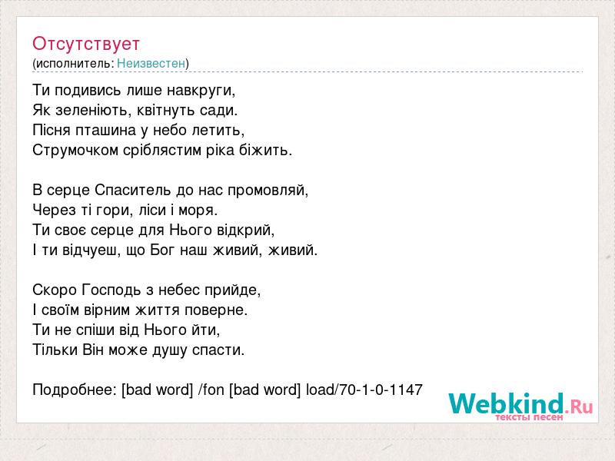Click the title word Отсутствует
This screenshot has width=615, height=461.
coord(86,44)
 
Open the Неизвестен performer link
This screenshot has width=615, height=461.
coord(151,63)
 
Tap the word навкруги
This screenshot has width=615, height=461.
coord(201,91)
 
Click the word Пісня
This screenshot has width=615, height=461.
coord(51,130)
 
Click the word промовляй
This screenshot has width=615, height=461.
coord(268,191)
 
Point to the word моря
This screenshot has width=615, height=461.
coord(198,211)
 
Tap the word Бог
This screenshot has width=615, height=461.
coord(161,250)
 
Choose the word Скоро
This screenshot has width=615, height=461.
coord(55,290)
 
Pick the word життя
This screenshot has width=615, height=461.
coord(158,310)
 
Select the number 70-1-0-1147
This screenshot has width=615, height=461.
coord(381,390)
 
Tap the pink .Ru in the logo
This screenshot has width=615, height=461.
coord(578,406)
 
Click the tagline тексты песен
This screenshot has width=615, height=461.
coord(529,417)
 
